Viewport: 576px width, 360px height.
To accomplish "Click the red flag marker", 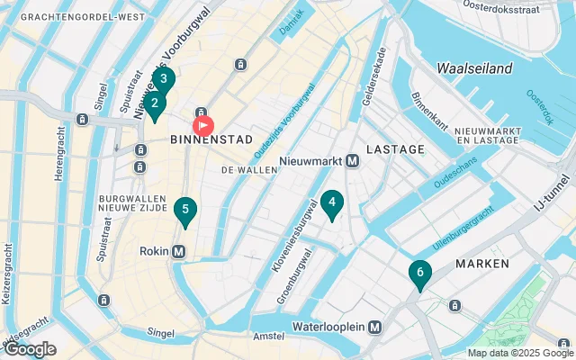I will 203,126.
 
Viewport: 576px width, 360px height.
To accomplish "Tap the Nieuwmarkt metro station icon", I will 353,161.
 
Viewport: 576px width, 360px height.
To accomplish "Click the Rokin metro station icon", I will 178,251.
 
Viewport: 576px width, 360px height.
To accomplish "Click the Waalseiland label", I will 474,68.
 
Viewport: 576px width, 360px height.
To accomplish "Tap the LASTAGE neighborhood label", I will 395,148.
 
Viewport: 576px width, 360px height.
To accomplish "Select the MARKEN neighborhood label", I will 482,264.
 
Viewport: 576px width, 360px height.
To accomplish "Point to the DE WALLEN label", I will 249,169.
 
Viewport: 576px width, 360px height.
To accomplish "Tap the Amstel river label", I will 269,335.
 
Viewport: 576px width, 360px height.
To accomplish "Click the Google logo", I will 30,349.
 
